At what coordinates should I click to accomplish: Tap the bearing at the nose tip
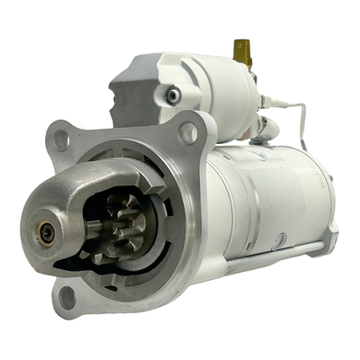(x=46, y=232)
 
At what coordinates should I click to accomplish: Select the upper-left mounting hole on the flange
(x=61, y=139)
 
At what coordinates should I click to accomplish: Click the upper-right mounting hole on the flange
(x=189, y=133)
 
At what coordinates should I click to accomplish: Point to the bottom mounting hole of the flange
(x=67, y=294)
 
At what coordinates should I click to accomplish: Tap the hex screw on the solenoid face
(x=172, y=94)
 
